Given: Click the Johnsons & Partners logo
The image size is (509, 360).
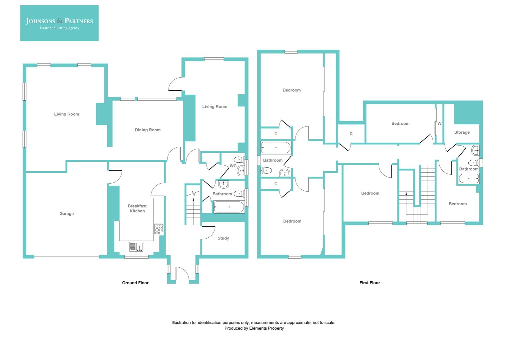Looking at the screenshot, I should point(59,23).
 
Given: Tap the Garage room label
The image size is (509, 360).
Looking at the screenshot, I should point(66,214).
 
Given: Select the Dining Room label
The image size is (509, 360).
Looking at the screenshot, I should point(148,130).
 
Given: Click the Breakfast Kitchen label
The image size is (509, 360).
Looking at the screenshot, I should point(137,208).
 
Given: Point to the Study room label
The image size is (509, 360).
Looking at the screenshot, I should point(223,238).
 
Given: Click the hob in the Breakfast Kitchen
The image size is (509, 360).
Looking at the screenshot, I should point(159,228).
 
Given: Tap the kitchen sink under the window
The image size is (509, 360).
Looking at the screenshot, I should point(136,247).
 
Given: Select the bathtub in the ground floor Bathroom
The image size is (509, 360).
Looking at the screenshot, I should point(229,207).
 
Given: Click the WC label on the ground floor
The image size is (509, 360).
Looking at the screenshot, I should point(233,166).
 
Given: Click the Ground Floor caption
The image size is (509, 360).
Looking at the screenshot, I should point(135,283).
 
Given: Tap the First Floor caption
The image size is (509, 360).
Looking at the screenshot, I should point(369,283).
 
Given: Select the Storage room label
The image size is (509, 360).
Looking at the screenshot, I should point(462,132).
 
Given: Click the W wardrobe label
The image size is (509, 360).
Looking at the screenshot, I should point(439,124).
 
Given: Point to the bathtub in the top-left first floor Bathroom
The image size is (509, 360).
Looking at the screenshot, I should point(275,148).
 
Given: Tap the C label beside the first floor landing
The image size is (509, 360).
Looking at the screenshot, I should point(351,134).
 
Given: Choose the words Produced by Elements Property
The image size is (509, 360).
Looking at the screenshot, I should point(254,328).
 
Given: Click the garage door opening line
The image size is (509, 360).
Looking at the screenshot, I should point(66,257).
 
